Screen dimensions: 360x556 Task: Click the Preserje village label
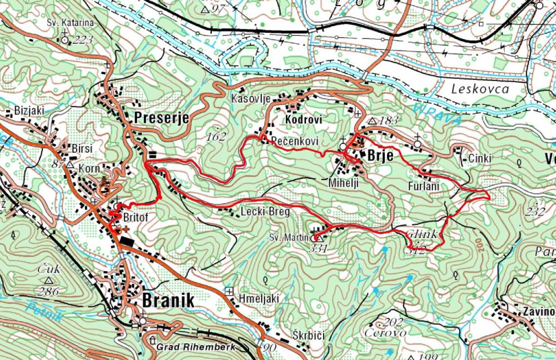click(x=162, y=118)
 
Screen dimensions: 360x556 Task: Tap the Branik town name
click(x=168, y=301)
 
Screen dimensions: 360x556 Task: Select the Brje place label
click(x=381, y=156)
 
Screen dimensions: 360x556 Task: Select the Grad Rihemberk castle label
click(x=197, y=347)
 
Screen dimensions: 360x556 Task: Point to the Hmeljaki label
click(x=257, y=298)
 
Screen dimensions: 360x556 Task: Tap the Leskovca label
click(x=480, y=89)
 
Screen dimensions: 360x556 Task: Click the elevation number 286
click(x=49, y=290)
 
